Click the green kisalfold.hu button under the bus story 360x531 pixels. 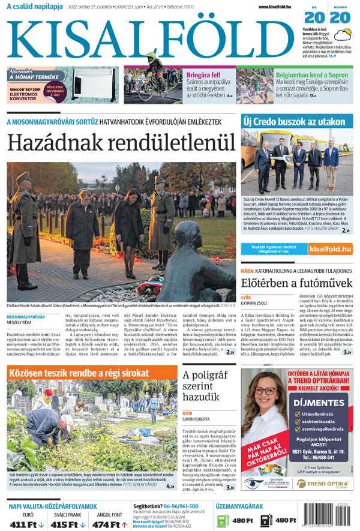(x=329, y=248)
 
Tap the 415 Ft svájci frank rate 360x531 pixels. (x=65, y=524)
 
